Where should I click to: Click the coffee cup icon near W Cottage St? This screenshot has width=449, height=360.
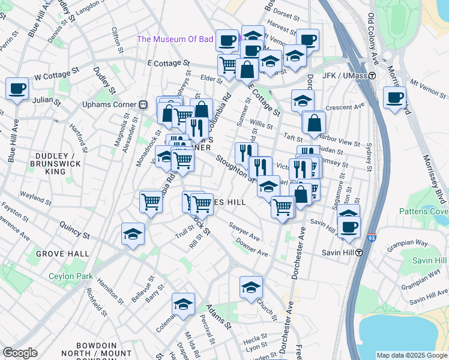point(17,89)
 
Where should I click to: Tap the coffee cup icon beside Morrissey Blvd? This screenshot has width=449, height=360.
point(395,97)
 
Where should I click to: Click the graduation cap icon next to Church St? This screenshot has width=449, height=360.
point(251,287)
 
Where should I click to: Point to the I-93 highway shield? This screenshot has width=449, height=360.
point(372,238)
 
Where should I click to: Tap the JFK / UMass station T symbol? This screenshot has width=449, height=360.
point(372,76)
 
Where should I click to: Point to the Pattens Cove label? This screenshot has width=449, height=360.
point(423,211)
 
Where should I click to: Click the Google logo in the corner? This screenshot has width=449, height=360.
point(20,352)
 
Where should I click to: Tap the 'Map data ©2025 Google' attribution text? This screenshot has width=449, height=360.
point(411,355)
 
